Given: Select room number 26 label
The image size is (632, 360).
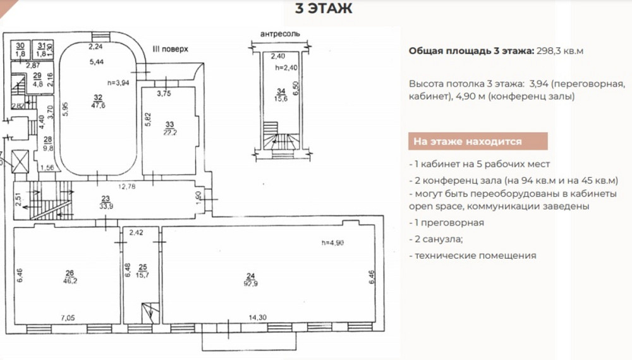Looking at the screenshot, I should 69,273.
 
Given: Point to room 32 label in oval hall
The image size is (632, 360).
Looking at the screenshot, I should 98,97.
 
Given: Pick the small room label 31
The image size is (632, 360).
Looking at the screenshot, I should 42,46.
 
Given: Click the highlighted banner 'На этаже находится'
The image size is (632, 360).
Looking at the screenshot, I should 467,142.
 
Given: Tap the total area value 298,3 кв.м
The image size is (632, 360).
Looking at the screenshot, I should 559,51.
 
